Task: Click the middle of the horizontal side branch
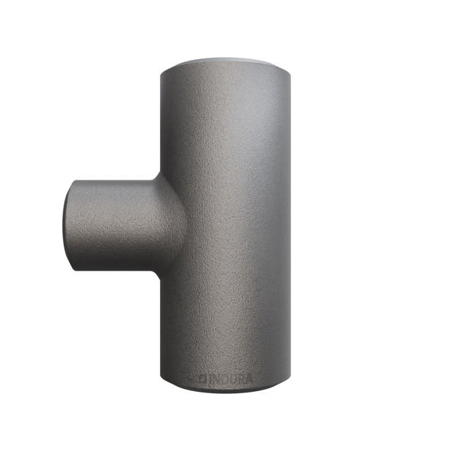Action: (x=116, y=224)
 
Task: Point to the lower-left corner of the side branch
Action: (x=73, y=268)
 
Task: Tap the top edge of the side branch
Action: (x=113, y=179)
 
